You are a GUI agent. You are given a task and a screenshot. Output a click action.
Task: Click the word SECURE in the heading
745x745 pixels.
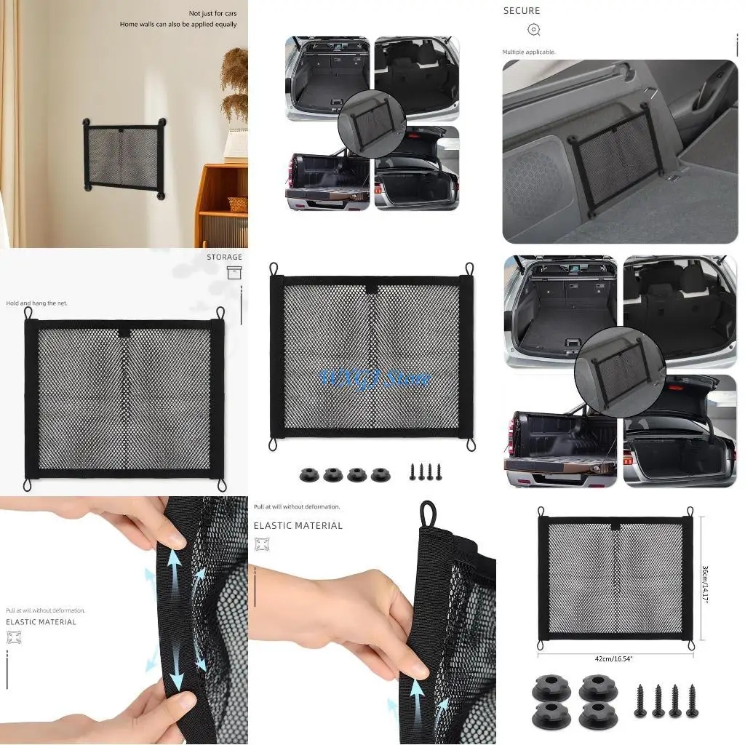tap(522, 11)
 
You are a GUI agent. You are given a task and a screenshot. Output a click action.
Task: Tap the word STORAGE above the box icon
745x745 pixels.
tap(224, 258)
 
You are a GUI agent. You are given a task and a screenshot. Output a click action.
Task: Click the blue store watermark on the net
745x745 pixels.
tap(375, 378)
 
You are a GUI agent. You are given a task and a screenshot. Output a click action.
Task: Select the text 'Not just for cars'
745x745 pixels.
tap(212, 14)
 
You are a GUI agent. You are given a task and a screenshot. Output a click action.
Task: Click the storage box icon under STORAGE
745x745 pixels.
tap(234, 273)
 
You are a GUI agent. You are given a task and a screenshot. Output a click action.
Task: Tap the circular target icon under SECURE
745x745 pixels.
tap(533, 30)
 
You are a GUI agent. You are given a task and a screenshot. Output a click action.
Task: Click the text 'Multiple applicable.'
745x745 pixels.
tap(529, 52)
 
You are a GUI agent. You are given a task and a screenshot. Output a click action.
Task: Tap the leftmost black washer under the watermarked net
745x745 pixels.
tap(309, 475)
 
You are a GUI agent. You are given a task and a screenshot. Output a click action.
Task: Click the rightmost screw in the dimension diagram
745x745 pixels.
tap(691, 700)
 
